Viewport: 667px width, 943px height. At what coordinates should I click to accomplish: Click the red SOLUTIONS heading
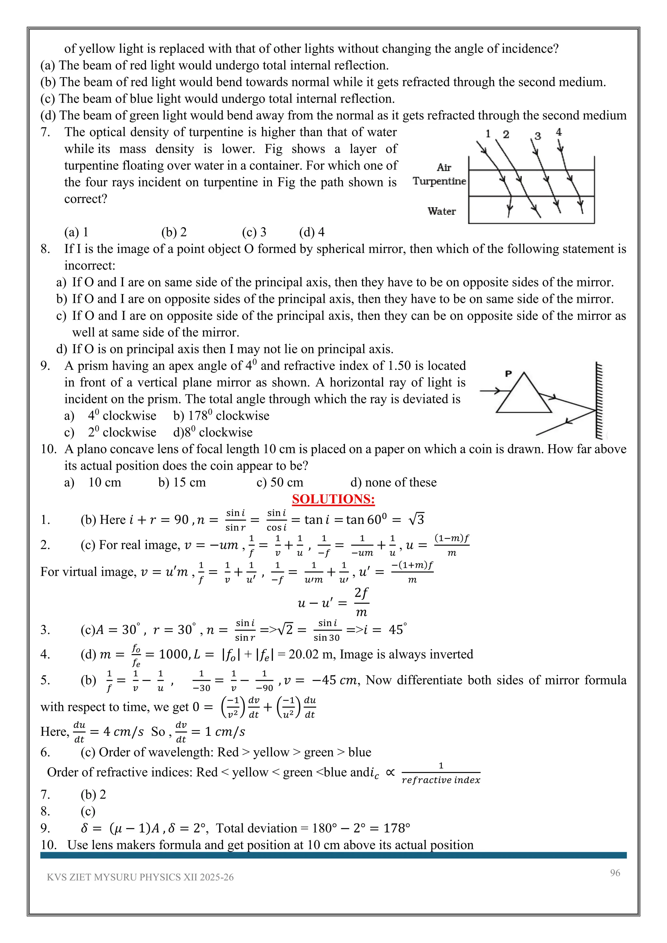tap(333, 499)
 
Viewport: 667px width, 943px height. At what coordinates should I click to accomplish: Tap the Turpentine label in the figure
tap(439, 181)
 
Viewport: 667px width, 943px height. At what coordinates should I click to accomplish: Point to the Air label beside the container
tap(444, 168)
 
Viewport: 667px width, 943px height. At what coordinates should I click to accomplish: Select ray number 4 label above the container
tap(559, 132)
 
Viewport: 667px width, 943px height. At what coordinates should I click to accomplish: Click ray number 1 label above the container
tap(488, 134)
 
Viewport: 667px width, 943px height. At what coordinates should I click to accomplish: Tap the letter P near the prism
tap(508, 374)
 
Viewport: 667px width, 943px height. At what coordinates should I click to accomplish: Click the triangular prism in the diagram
tap(524, 396)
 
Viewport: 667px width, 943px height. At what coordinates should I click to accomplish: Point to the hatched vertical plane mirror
tap(599, 401)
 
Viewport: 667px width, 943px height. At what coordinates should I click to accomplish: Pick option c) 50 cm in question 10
tap(280, 482)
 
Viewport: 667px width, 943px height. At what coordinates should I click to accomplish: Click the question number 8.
tap(45, 249)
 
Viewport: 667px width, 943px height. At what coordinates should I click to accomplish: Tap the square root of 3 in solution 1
tap(416, 520)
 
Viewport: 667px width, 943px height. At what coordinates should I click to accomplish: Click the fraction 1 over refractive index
tap(441, 773)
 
